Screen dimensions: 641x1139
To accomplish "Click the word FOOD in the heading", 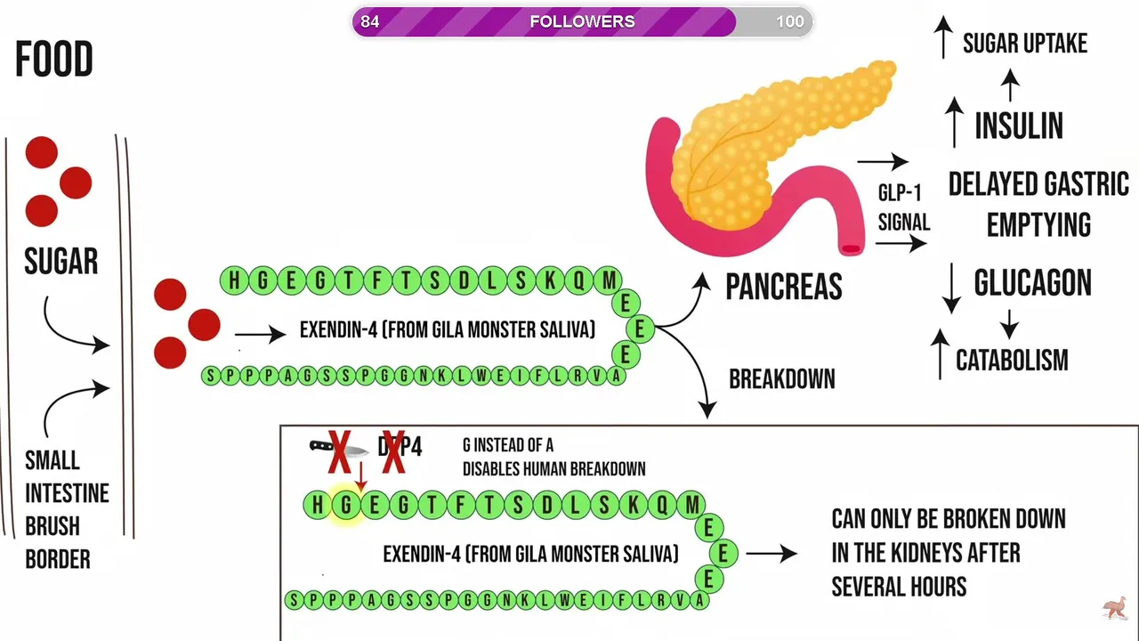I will pos(54,61).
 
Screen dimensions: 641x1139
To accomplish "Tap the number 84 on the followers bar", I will pos(370,21).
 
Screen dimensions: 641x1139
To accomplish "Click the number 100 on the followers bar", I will pos(789,21).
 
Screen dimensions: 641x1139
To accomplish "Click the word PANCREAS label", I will pos(783,287).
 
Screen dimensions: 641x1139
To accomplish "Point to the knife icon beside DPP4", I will pos(338,447).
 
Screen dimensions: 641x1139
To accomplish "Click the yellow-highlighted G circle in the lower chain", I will pos(346,506).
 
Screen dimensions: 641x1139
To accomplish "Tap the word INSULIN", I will pos(1019,126).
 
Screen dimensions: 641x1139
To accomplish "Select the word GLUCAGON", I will pos(1032,283).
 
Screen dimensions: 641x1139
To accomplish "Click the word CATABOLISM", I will pos(1012,361).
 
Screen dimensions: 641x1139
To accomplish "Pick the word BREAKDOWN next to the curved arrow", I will pos(781,379).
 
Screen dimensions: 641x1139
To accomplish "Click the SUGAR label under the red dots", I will pos(61,262).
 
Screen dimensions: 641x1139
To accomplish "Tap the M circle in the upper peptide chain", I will pos(609,281).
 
